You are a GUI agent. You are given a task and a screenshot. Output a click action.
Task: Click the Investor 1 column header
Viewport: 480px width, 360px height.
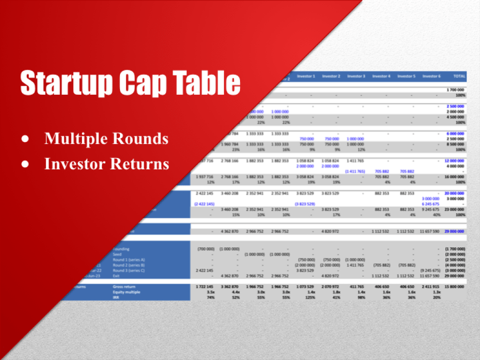[x=306, y=76]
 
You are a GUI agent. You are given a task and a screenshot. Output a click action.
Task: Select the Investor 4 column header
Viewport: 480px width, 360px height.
[x=381, y=76]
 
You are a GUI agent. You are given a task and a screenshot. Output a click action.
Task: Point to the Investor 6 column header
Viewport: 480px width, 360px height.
[x=432, y=76]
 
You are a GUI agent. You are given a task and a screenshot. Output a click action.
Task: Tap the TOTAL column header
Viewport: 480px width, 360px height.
[x=458, y=76]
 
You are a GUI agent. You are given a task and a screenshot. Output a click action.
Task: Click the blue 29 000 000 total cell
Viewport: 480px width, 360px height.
[x=456, y=231]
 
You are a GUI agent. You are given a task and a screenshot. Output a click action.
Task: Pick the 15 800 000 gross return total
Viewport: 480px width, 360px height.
[x=456, y=287]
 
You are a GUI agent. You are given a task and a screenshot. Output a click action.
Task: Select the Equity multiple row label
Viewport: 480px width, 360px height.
[x=126, y=292]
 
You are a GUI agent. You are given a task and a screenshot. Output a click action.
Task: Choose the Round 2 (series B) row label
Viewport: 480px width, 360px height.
[x=129, y=265]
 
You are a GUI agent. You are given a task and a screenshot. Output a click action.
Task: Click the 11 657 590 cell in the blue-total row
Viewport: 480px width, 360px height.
[x=430, y=231]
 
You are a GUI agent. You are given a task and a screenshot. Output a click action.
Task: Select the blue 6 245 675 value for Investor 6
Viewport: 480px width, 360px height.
[x=431, y=204]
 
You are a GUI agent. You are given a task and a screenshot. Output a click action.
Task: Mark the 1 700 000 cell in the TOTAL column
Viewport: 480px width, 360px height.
[x=456, y=90]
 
